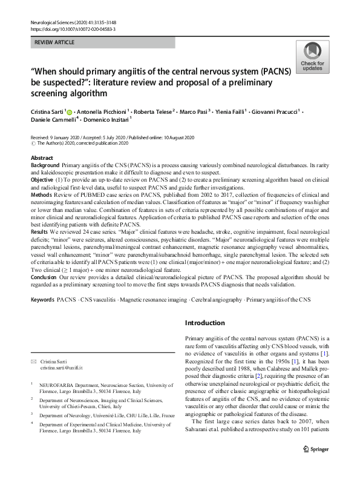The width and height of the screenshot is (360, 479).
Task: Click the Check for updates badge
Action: point(313,57)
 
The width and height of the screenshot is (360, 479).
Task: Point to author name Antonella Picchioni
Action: point(105,113)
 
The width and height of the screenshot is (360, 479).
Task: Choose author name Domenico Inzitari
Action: point(102,122)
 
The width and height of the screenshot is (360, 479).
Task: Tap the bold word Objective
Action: point(42,180)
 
